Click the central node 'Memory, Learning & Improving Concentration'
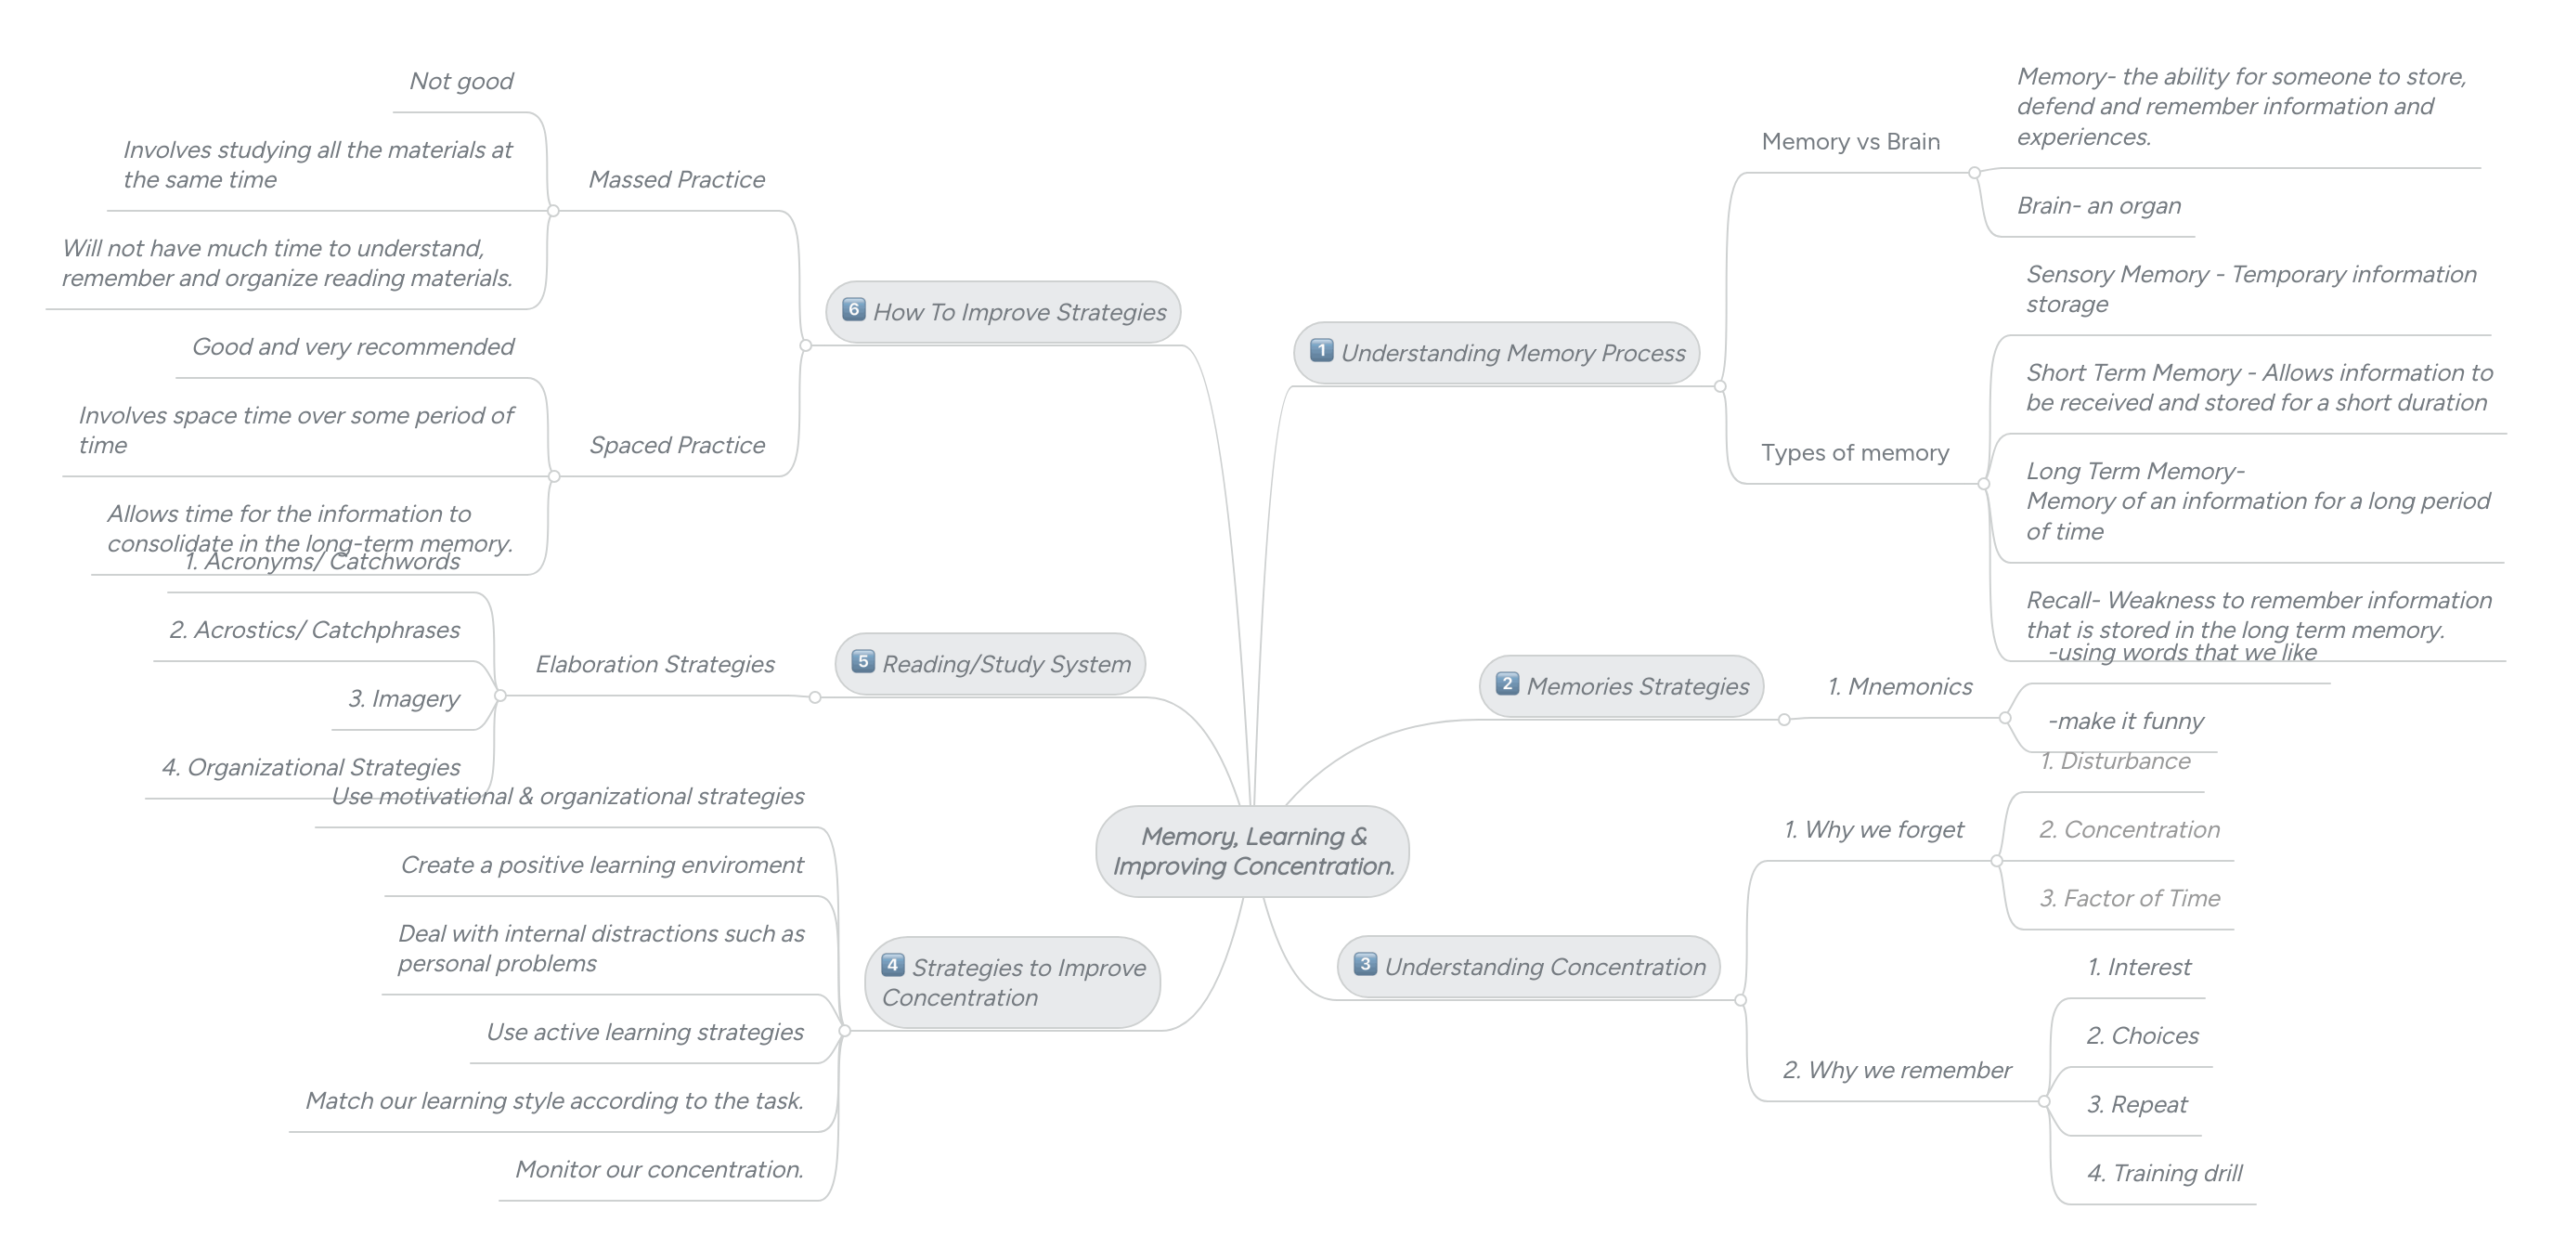coord(1252,852)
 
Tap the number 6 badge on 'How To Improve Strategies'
coord(853,309)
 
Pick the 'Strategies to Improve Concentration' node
coord(1013,982)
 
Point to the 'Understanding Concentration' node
coord(1528,967)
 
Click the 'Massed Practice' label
coord(677,179)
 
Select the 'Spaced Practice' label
coord(677,445)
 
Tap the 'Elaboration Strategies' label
coord(655,664)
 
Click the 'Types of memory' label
coord(1854,453)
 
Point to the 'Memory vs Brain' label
coord(1850,142)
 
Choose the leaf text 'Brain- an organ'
coord(2099,206)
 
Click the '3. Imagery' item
coord(403,699)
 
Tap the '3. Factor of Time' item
coord(2130,898)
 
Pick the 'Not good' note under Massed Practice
coord(460,82)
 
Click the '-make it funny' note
coord(2126,721)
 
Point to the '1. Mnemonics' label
coord(1899,687)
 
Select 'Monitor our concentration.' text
coord(659,1170)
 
